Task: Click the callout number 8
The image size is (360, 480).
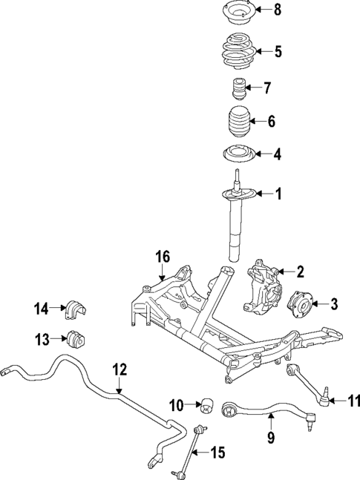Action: click(278, 10)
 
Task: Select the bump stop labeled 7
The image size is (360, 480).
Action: click(238, 90)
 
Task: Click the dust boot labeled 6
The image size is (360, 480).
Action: click(238, 122)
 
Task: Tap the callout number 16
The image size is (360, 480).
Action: click(163, 257)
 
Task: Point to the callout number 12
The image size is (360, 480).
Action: click(120, 369)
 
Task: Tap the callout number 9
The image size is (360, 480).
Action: click(270, 437)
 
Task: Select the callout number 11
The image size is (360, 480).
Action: click(353, 401)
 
